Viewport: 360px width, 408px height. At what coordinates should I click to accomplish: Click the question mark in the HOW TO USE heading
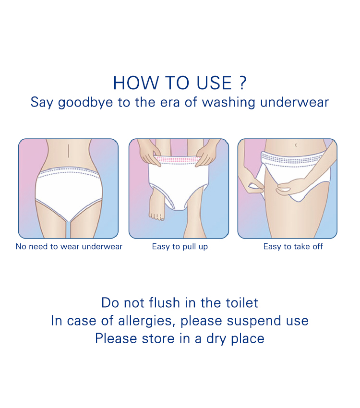point(242,83)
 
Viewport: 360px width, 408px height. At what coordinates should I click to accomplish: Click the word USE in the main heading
point(214,83)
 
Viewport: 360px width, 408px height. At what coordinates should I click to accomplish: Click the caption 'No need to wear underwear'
point(69,246)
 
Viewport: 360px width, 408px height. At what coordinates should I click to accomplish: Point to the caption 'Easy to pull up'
point(180,247)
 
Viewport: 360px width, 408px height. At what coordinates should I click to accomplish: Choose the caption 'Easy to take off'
point(293,246)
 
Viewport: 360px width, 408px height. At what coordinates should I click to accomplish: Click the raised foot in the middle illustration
point(157,205)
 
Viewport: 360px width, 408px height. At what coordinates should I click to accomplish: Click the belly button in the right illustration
point(296,145)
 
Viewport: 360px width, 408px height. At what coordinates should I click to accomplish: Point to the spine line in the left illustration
point(68,151)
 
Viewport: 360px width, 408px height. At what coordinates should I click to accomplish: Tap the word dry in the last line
point(216,339)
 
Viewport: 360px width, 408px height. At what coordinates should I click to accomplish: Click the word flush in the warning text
point(164,303)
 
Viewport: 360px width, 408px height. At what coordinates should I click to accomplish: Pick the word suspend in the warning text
point(254,321)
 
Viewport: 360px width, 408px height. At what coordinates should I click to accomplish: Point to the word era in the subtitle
point(169,103)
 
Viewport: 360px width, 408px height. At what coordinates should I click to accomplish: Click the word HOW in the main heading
point(135,83)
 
